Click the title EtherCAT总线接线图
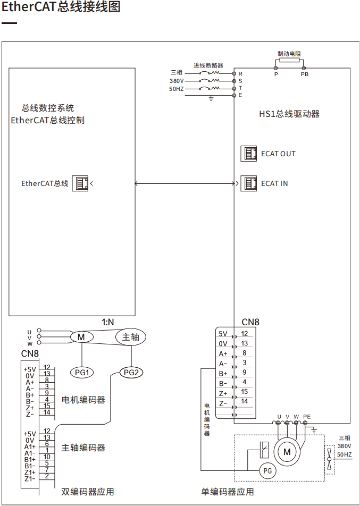coord(61,7)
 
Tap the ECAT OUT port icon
coord(249,154)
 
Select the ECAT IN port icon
coord(249,183)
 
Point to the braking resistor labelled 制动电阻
coord(290,61)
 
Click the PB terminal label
coord(304,75)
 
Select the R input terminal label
coord(240,73)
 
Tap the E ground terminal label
coord(240,95)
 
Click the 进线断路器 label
coord(208,65)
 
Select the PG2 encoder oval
coord(131,372)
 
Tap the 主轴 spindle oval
coord(131,337)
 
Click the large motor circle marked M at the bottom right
coord(287,451)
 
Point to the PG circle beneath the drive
coord(267,470)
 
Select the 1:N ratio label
coord(108,322)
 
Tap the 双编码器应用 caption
coord(88,492)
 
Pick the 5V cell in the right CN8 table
coord(223,334)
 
